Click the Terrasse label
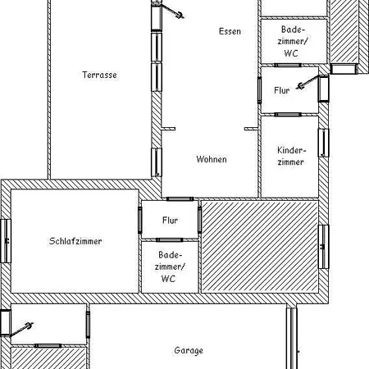99,75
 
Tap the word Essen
230,31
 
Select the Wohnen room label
212,159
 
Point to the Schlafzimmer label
75,241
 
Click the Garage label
189,350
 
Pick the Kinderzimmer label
291,156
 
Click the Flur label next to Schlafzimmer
170,221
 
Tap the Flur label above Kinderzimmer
282,90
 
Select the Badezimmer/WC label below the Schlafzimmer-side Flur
170,266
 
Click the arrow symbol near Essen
172,11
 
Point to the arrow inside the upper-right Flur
307,82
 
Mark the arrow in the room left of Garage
22,329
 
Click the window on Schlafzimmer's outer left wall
6,241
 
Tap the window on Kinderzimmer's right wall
324,143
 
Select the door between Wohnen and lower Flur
180,199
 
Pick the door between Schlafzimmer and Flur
140,220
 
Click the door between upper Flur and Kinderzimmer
288,115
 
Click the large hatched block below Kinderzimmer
260,247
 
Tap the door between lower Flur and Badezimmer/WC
170,240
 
